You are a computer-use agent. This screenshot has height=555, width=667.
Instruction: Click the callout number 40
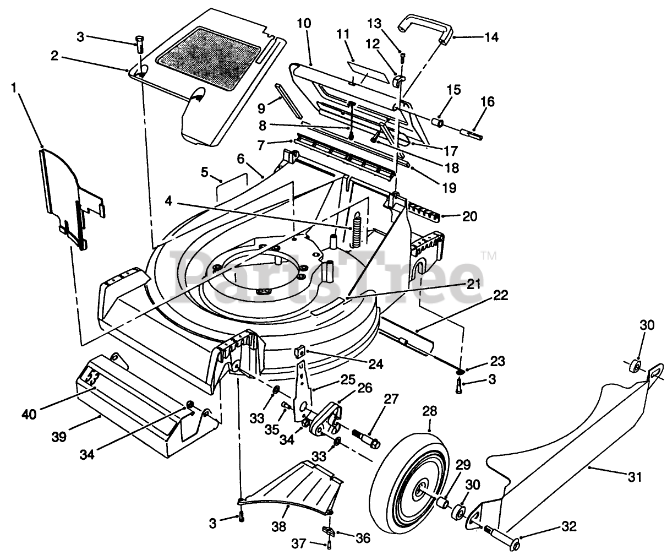[29, 415]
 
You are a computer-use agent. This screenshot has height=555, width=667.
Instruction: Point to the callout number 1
[13, 88]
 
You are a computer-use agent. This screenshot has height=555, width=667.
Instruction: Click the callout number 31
[635, 477]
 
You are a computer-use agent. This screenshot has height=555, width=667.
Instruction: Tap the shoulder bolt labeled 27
[366, 437]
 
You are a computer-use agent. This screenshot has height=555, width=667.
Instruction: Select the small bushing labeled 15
[438, 122]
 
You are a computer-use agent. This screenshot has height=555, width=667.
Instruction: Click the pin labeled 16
[471, 134]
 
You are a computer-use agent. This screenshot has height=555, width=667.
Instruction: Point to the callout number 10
[304, 23]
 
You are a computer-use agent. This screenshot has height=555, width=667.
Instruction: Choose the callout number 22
[500, 295]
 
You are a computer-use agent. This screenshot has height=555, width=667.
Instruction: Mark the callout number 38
[278, 526]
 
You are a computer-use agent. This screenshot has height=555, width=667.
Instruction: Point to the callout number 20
[469, 216]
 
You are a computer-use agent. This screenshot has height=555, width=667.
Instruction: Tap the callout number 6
[240, 159]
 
